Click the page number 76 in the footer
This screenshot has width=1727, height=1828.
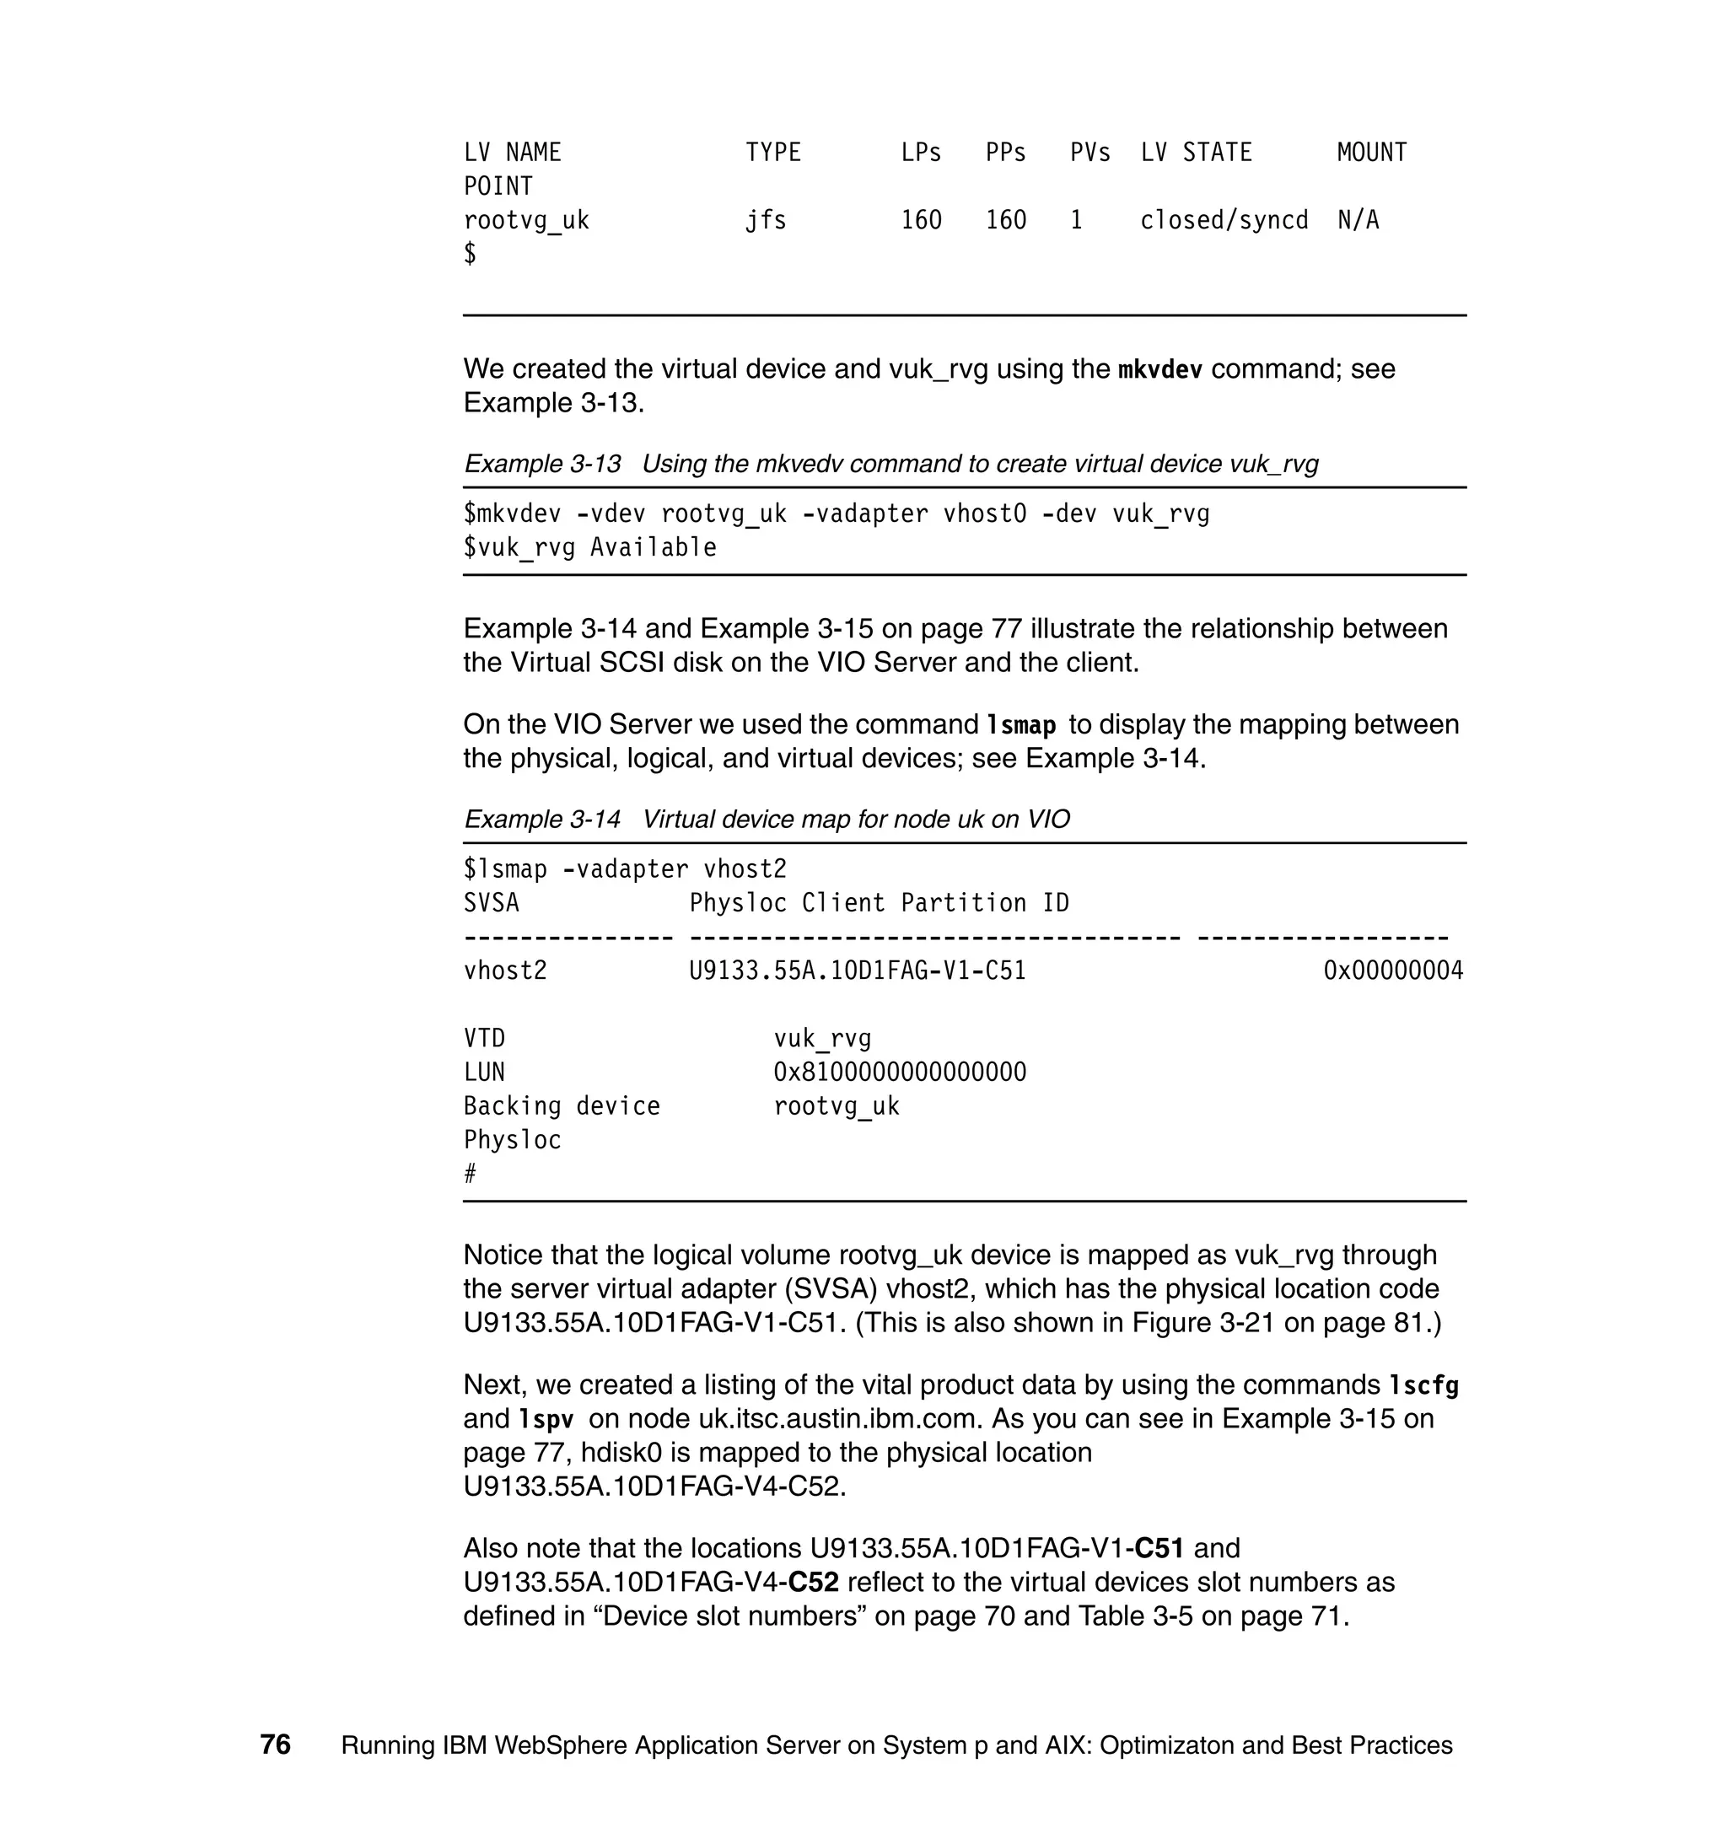[x=275, y=1745]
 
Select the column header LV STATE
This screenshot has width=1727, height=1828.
[x=1196, y=153]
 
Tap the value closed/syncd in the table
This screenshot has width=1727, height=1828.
[x=1224, y=221]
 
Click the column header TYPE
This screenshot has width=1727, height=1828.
[x=772, y=153]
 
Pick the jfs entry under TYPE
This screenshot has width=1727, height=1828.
[x=765, y=221]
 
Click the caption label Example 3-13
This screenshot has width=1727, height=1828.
[x=542, y=464]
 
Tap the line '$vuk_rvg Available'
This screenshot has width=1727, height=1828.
[x=589, y=548]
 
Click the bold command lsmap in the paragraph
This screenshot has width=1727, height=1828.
[x=1020, y=725]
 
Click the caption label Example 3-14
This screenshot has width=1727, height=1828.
[x=542, y=820]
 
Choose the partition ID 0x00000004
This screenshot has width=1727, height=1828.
[x=1393, y=971]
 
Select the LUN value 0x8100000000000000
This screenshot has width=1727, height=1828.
[x=900, y=1073]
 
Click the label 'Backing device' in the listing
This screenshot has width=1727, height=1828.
[x=562, y=1106]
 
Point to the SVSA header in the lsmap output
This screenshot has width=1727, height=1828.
[x=491, y=903]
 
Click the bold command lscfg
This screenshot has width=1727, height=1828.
[x=1423, y=1385]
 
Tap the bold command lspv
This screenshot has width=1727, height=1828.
[x=546, y=1419]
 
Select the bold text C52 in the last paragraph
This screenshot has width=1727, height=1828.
[x=814, y=1583]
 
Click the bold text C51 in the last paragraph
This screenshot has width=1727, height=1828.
[x=1159, y=1548]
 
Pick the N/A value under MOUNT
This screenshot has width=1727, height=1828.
[x=1358, y=221]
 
